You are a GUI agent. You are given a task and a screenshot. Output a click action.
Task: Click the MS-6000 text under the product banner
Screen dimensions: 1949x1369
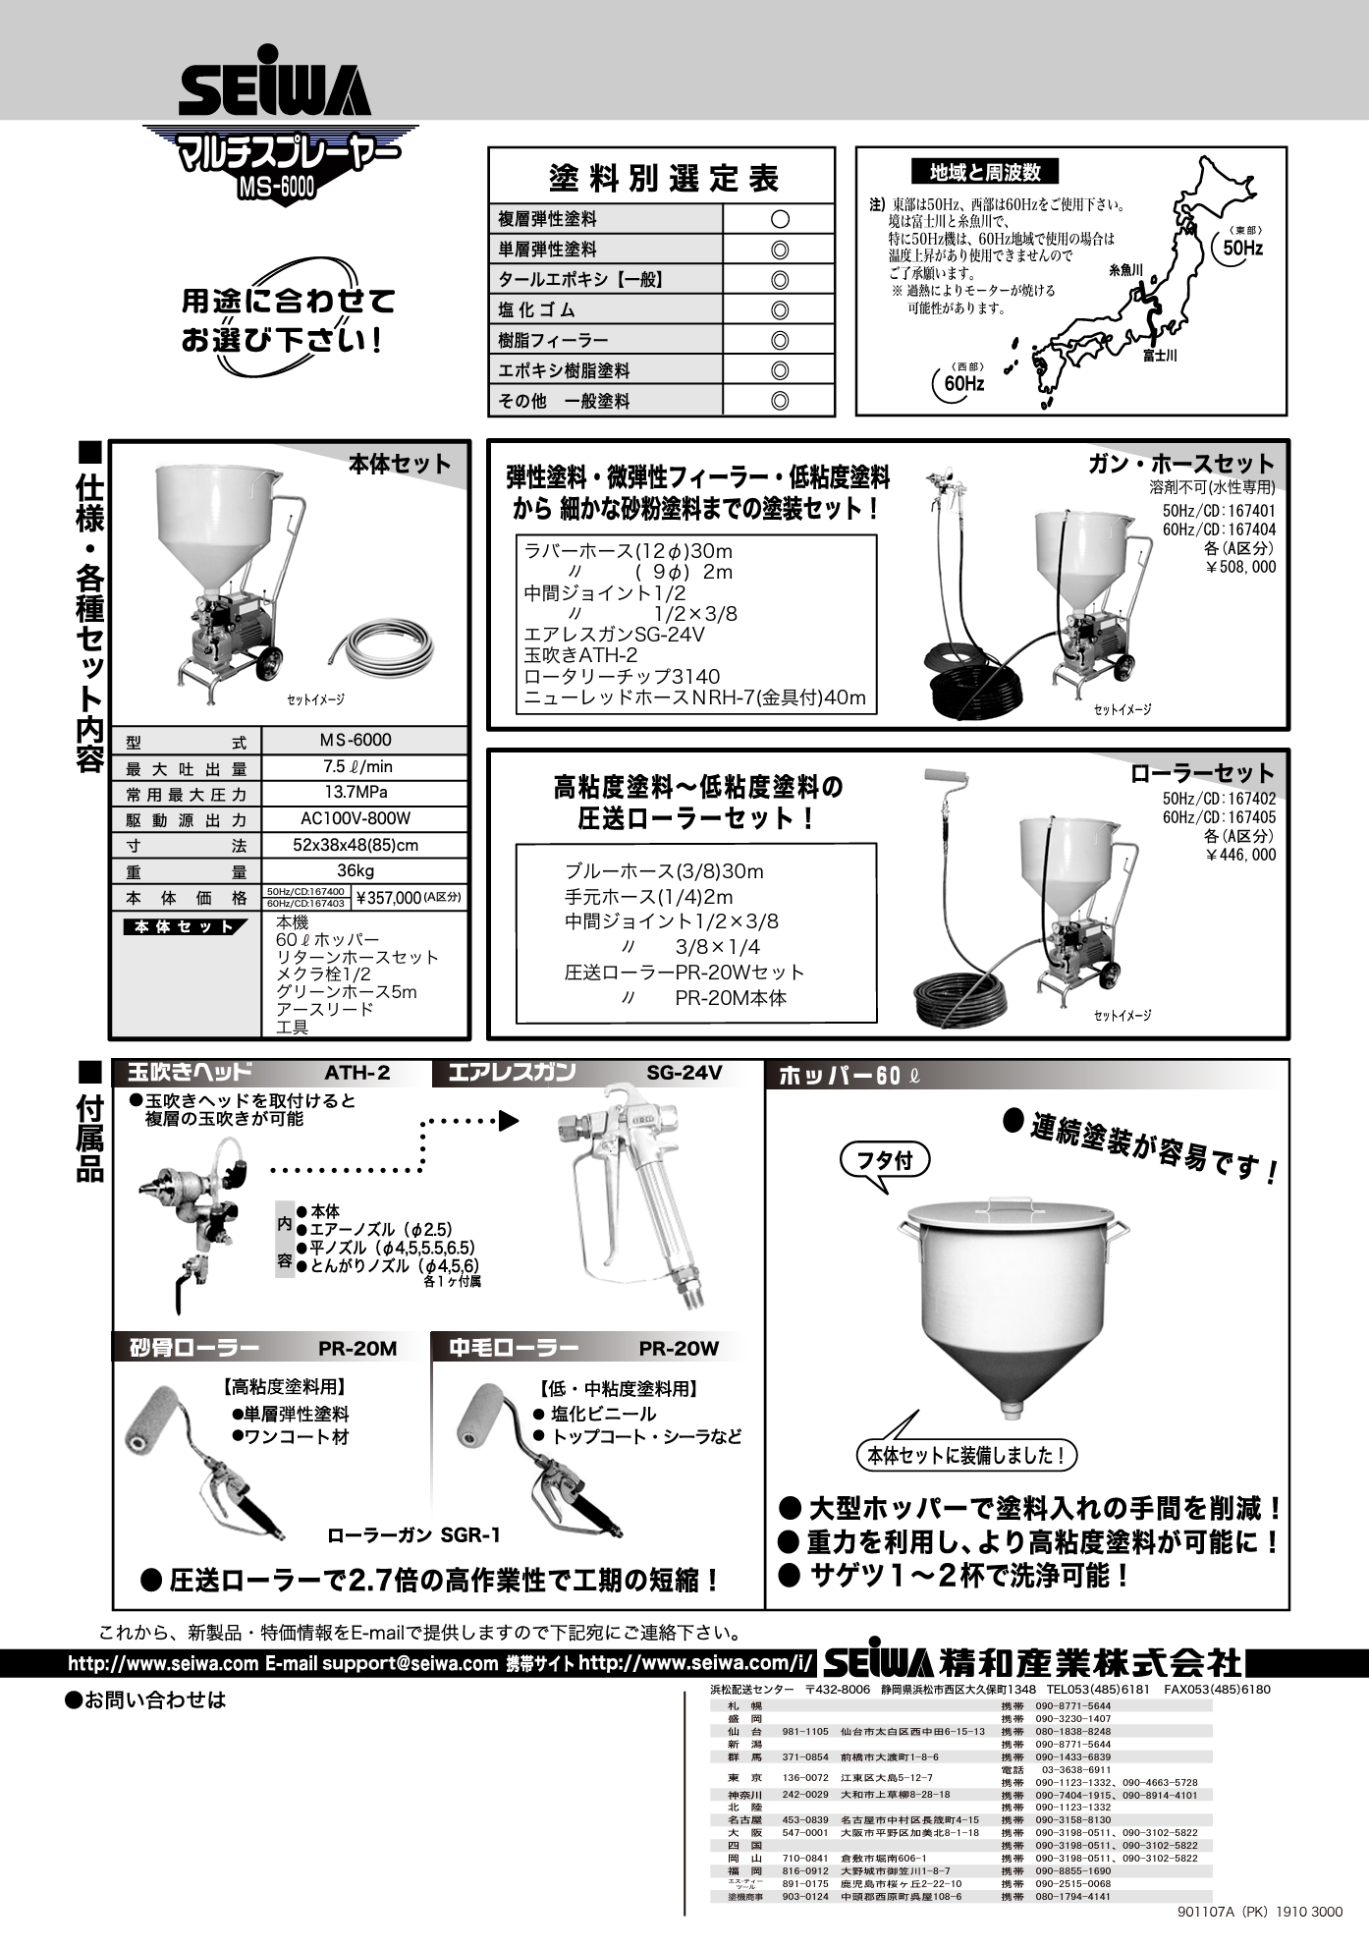276,187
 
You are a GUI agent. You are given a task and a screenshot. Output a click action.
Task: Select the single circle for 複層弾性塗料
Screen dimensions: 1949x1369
780,219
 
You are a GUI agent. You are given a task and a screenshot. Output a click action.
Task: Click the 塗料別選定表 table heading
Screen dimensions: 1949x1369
663,178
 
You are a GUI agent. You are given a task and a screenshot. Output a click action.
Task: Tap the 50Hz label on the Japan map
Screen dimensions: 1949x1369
1242,249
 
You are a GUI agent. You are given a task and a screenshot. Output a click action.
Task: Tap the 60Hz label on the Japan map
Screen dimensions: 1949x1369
964,384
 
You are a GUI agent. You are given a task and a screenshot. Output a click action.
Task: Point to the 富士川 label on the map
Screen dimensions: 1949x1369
1160,357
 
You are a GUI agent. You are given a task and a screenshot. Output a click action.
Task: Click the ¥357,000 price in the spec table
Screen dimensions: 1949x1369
390,897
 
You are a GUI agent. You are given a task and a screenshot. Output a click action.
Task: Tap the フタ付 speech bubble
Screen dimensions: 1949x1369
885,1161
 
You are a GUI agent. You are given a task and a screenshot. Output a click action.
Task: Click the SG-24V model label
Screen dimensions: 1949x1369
684,1073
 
